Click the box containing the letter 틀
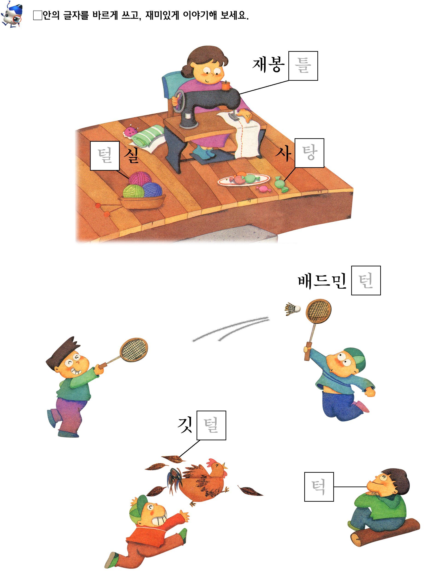(x=303, y=66)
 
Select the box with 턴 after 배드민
(x=366, y=280)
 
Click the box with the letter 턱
(x=319, y=487)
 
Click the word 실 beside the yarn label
(x=131, y=156)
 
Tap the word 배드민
(x=322, y=281)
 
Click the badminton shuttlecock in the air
(x=292, y=308)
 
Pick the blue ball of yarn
(x=152, y=189)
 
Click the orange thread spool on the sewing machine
(x=225, y=86)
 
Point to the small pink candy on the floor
(x=263, y=189)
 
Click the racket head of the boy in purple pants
(x=134, y=350)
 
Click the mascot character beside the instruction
(x=12, y=14)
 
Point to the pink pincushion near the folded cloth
(x=130, y=132)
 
